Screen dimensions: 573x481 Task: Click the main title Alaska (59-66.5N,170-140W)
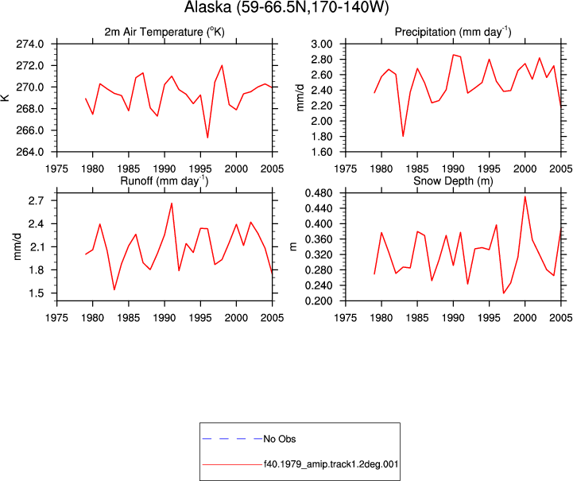[x=286, y=7]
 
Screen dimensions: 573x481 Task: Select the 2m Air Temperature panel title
[x=165, y=32]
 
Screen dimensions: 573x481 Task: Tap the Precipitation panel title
[x=453, y=32]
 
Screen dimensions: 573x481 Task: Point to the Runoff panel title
[x=164, y=181]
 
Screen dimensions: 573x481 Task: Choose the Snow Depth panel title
[x=453, y=181]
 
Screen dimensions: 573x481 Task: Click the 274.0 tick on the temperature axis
[x=30, y=45]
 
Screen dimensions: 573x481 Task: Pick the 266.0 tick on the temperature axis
[x=30, y=130]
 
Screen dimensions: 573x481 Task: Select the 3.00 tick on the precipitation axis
[x=322, y=45]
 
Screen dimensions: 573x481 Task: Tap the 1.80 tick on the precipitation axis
[x=322, y=137]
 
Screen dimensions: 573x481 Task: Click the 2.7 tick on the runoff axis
[x=36, y=200]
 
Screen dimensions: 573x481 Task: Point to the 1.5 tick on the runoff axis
[x=36, y=293]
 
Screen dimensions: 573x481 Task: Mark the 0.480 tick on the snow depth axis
[x=319, y=193]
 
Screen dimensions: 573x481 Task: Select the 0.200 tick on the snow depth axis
[x=319, y=301]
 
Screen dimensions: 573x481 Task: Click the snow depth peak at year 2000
[x=525, y=196]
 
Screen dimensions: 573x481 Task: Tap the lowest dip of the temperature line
[x=207, y=138]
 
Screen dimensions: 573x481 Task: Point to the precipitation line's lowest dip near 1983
[x=403, y=136]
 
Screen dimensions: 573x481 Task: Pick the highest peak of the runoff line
[x=172, y=204]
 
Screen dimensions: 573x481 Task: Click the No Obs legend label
[x=280, y=439]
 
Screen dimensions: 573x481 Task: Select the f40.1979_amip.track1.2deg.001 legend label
[x=331, y=464]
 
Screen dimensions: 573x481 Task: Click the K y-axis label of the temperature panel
[x=6, y=98]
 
